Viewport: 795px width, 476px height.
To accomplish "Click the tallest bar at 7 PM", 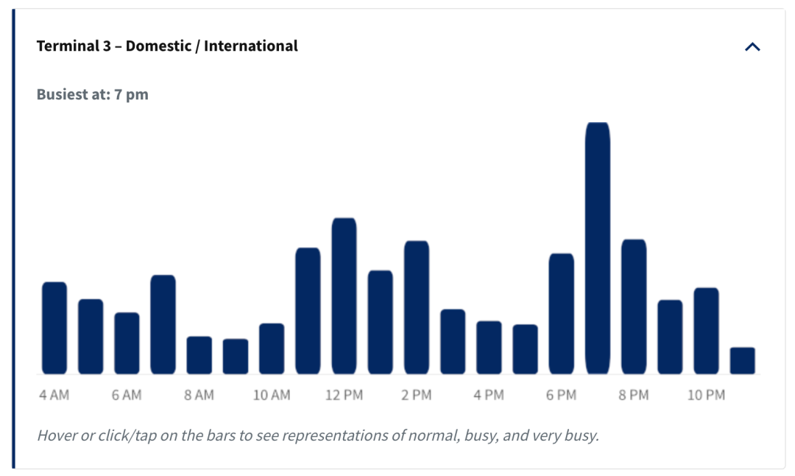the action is pos(597,248).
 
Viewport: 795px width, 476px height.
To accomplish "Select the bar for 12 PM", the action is pos(344,296).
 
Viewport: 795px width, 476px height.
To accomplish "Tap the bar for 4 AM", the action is pos(54,328).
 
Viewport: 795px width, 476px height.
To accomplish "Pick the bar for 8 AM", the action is pos(199,355).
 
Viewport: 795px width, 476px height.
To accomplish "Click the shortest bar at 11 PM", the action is pos(742,361).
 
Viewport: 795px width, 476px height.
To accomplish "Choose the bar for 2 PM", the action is pos(417,307).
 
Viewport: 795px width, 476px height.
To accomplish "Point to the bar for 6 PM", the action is pos(561,314).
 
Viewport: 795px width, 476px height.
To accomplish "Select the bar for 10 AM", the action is pos(272,349).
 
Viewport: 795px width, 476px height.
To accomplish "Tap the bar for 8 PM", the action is pos(634,307).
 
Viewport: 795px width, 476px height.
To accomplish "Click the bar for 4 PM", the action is pos(489,348).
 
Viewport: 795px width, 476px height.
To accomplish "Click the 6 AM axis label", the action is pos(127,395).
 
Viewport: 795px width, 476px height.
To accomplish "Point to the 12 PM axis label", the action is pos(344,395).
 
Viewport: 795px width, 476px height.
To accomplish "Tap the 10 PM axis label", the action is pos(706,395).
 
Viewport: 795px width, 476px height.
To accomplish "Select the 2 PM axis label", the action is pos(417,395).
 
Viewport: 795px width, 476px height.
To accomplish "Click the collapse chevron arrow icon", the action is pos(752,47).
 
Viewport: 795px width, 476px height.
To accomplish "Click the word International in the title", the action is pos(251,46).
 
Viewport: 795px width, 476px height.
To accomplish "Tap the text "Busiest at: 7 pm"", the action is pos(92,94).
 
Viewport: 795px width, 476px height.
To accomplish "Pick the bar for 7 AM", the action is pos(163,325).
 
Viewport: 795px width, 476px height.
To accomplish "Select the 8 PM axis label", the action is pos(634,395).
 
